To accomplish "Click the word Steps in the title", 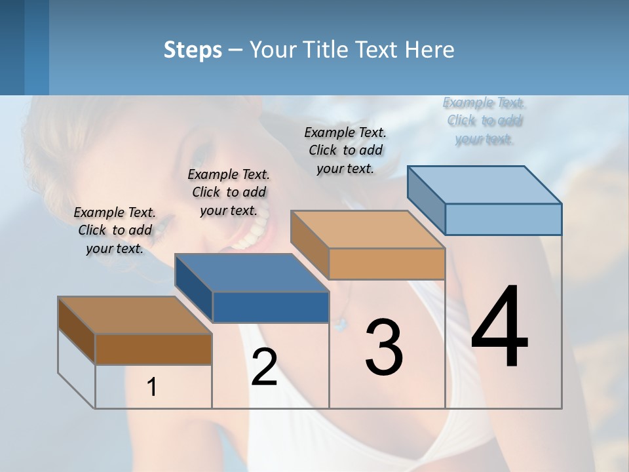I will tap(193, 50).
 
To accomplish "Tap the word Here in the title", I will tap(430, 50).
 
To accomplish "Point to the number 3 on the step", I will tap(384, 347).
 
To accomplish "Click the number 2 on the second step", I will tap(264, 367).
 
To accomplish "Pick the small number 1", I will tap(152, 387).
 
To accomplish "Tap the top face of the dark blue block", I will tap(252, 273).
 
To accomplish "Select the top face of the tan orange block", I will tap(368, 230).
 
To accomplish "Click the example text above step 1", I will tap(115, 230).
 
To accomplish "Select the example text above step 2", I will tap(229, 192).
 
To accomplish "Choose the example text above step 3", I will tap(345, 150).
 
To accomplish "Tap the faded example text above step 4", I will tap(484, 121).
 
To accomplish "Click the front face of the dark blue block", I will tap(271, 307).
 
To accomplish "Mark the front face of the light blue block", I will tap(503, 219).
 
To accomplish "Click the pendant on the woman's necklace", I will tap(339, 323).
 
